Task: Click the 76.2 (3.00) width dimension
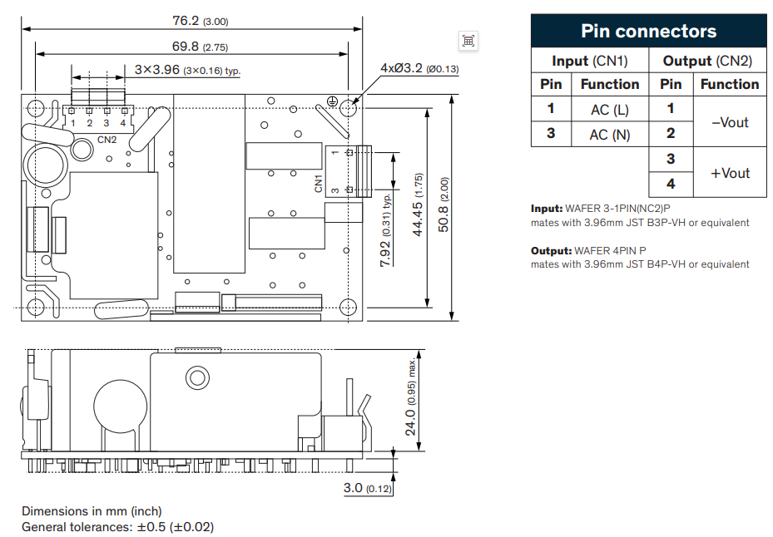point(201,21)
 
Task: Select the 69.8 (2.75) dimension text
point(200,47)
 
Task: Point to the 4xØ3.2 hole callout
point(419,68)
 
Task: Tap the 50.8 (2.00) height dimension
point(443,204)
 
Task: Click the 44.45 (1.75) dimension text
point(418,204)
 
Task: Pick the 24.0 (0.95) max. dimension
point(411,397)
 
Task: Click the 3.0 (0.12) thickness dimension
point(368,488)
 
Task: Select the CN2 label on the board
point(107,140)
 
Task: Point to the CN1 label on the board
point(318,183)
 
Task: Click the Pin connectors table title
point(648,31)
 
